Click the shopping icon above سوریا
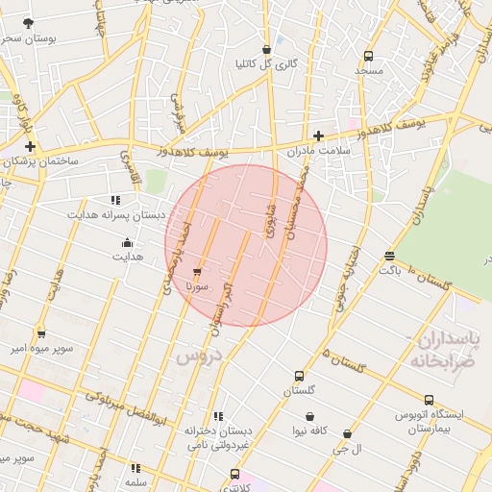[x=198, y=272]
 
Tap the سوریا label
[x=198, y=286]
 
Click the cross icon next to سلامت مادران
[x=319, y=135]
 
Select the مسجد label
[x=368, y=70]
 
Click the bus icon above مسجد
[x=368, y=56]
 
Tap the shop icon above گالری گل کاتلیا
[x=266, y=50]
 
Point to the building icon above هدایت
[x=128, y=241]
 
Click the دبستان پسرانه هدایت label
[x=116, y=214]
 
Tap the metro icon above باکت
[x=389, y=257]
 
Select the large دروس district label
[x=199, y=357]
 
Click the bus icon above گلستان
[x=299, y=377]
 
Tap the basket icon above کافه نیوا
[x=310, y=416]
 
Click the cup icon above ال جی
[x=346, y=434]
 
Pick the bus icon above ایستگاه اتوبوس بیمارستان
[x=430, y=400]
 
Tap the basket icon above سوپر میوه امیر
[x=40, y=333]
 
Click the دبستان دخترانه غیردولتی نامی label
[x=218, y=437]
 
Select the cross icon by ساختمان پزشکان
[x=31, y=147]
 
